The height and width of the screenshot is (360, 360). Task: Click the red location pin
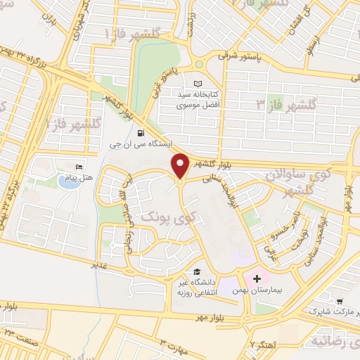pyautogui.click(x=180, y=166)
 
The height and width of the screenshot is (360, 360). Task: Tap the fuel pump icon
pyautogui.click(x=141, y=133)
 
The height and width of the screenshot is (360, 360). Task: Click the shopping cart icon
pyautogui.click(x=340, y=300)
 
